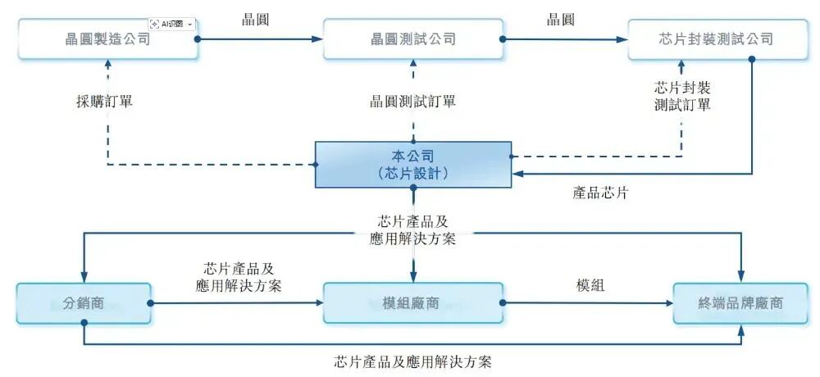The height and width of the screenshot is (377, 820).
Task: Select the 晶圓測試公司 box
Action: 412,39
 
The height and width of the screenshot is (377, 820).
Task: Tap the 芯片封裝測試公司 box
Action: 716,39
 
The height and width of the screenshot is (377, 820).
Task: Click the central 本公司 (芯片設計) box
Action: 413,164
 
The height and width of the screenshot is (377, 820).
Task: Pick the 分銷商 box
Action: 83,303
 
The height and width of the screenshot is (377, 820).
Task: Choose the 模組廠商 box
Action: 412,303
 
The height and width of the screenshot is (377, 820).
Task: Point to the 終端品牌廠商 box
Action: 741,303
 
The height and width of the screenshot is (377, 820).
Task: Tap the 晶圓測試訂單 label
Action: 412,102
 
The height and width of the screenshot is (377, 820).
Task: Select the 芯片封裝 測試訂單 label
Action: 682,96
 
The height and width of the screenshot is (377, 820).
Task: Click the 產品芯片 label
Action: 601,193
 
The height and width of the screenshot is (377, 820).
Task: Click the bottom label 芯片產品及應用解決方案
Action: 413,361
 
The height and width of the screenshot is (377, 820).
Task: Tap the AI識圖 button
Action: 171,24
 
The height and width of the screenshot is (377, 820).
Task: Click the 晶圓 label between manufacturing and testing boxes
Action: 256,19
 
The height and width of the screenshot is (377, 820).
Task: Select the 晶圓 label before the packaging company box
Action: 561,19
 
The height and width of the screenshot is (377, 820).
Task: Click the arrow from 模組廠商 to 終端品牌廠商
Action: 588,302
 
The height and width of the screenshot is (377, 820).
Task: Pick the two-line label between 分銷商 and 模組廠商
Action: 239,277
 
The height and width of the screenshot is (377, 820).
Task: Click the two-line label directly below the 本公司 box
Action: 412,230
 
